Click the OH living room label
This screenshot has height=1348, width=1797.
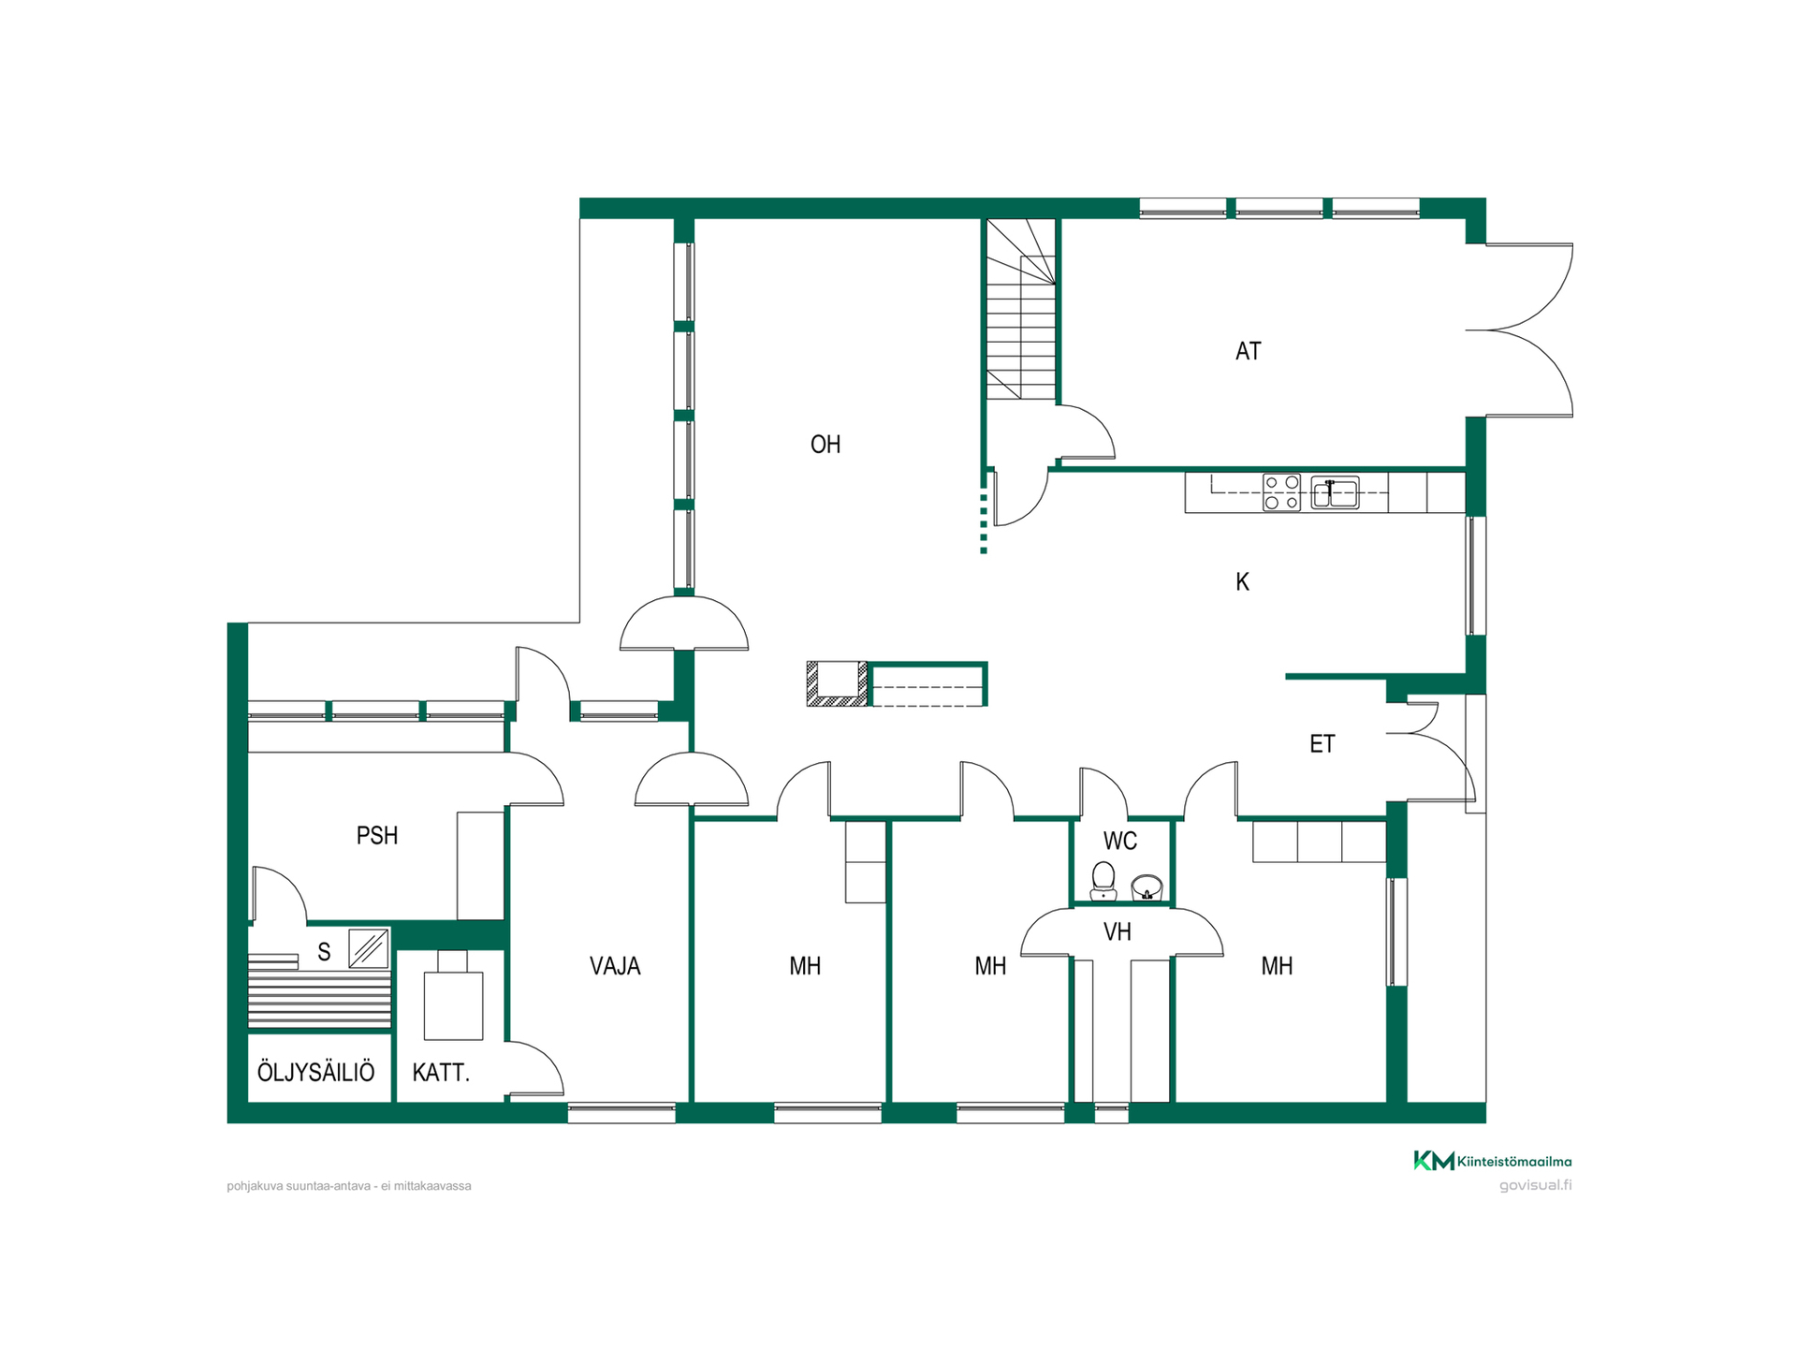pos(825,445)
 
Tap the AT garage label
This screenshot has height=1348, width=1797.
pos(1249,351)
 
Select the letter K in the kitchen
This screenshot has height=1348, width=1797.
pos(1242,582)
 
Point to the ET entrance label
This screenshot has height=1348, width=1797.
pos(1322,744)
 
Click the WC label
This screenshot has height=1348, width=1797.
pos(1120,841)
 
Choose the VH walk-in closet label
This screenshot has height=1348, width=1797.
pos(1118,932)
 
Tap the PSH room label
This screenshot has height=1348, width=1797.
pos(377,835)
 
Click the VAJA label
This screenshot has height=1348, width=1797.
pos(615,966)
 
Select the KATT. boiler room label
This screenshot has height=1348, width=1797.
pos(441,1073)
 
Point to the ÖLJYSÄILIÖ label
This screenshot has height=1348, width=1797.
pos(316,1071)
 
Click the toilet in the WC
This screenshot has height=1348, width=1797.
pos(1103,881)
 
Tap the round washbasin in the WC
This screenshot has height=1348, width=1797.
pos(1147,886)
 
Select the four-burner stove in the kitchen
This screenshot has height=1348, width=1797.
pos(1281,492)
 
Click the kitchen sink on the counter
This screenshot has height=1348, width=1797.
pos(1335,492)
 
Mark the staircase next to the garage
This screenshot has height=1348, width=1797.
pos(1020,310)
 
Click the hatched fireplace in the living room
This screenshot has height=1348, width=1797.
pos(838,683)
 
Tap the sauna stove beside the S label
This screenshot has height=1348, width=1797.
pos(369,949)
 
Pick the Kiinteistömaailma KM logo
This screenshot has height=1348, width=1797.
pos(1492,1161)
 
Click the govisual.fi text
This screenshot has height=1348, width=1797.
pos(1535,1185)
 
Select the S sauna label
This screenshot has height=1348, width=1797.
pos(324,953)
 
